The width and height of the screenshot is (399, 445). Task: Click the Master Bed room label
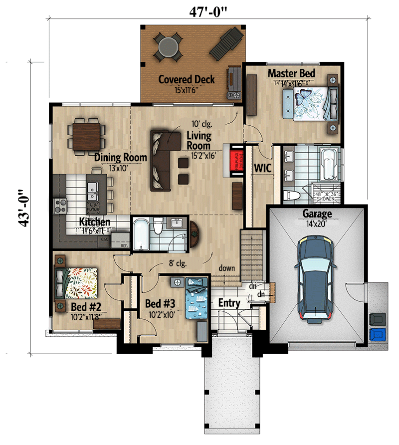[292, 73]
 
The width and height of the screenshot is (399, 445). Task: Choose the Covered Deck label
[187, 79]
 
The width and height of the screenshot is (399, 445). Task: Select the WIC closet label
[262, 168]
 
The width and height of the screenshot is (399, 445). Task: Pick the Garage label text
[317, 214]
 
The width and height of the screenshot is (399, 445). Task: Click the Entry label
[229, 303]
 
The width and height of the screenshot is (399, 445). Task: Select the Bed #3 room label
[161, 303]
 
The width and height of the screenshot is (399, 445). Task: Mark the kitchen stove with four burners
[60, 205]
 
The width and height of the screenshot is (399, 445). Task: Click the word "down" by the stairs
[226, 268]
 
